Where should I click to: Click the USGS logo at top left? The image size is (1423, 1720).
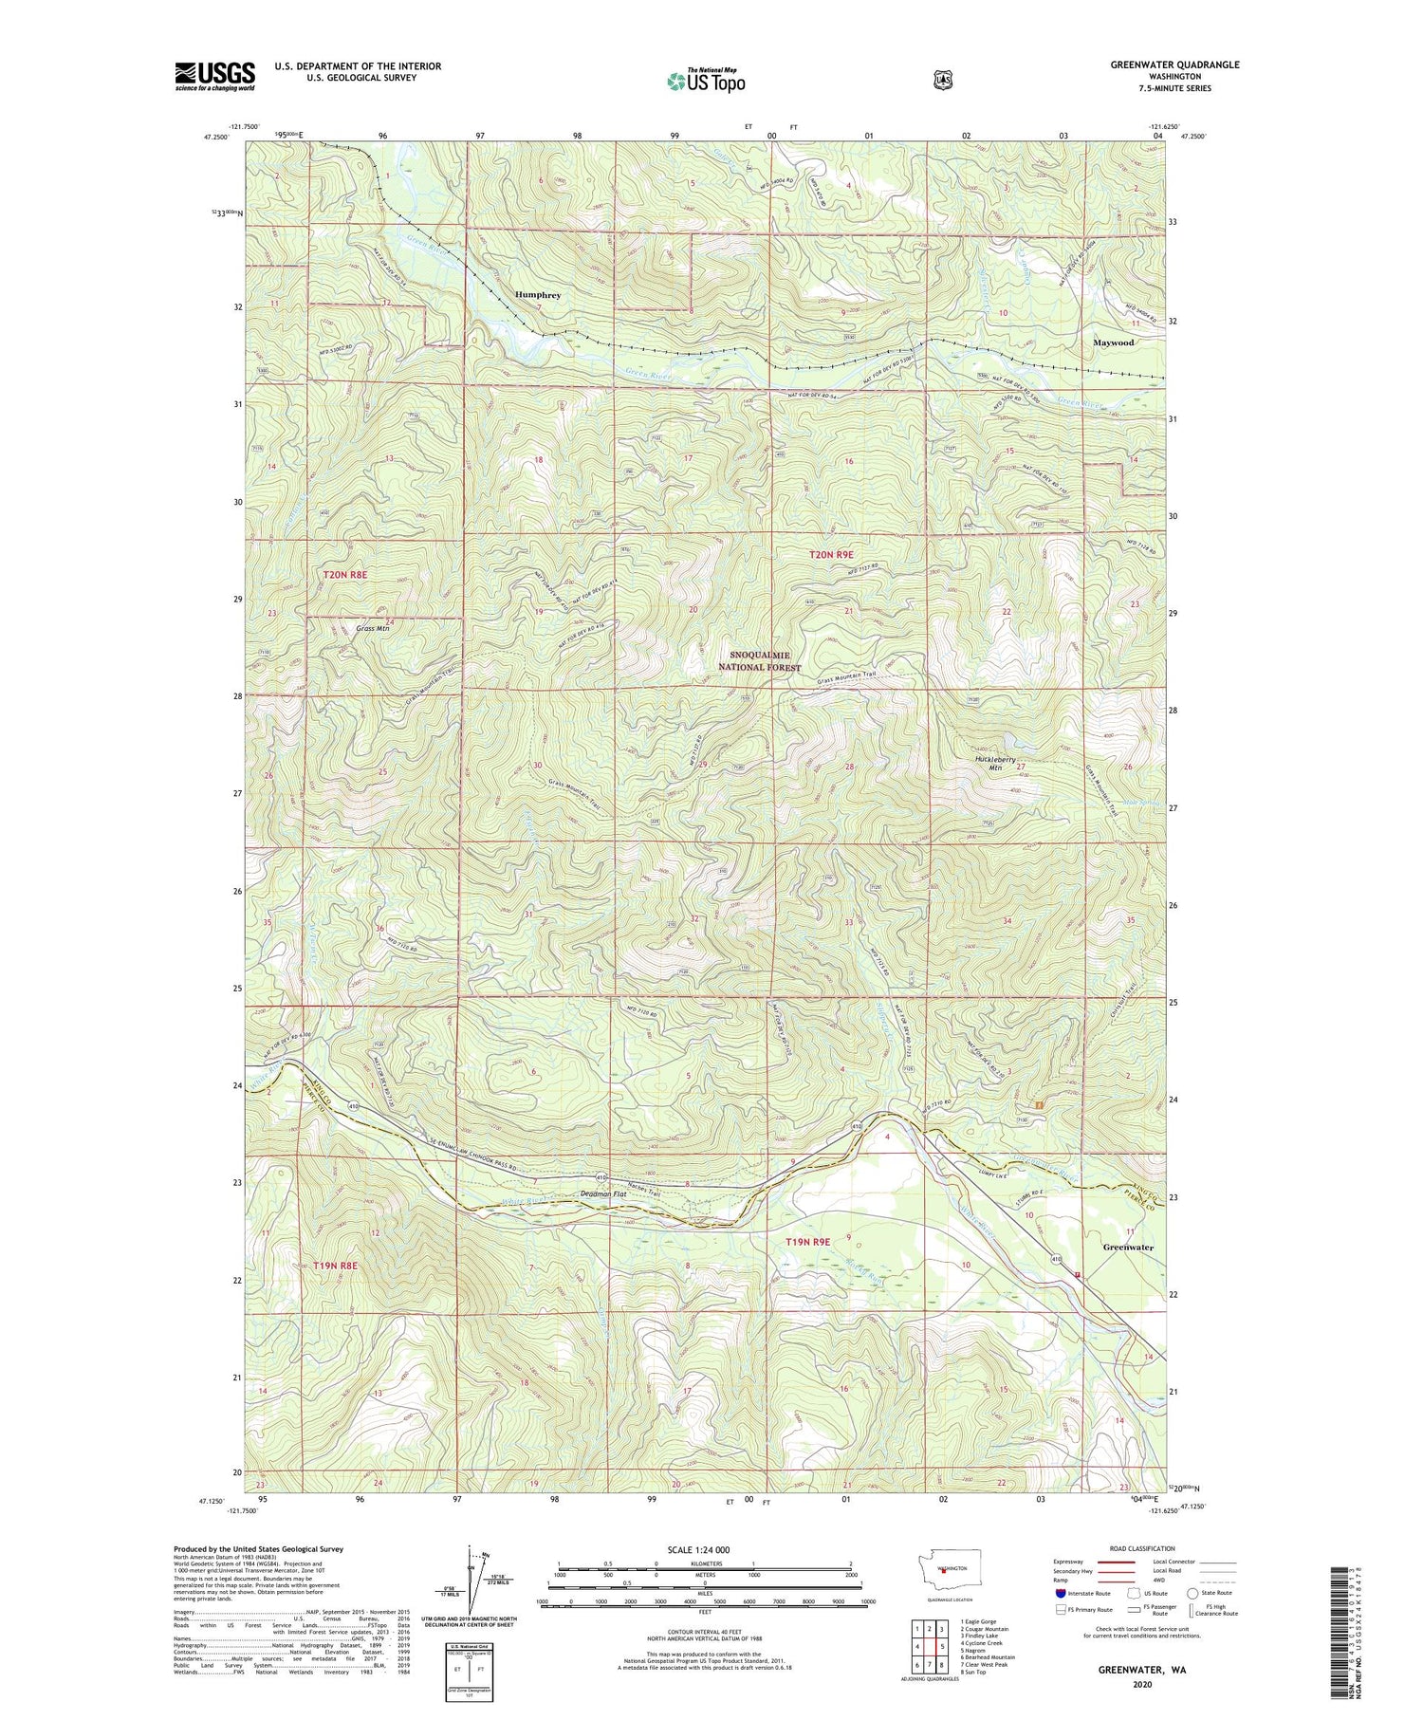(214, 76)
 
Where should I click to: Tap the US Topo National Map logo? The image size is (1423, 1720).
(706, 81)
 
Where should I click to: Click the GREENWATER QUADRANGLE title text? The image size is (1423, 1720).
(1174, 65)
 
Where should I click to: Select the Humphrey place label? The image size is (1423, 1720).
(538, 295)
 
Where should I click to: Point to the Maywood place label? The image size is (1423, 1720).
(1113, 342)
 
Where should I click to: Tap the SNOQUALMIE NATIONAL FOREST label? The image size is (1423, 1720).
(766, 661)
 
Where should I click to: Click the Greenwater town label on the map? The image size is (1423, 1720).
(1128, 1248)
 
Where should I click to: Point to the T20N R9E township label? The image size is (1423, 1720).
(831, 554)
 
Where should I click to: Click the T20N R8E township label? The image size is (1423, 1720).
(344, 575)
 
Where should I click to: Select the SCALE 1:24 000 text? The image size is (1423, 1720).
(704, 1550)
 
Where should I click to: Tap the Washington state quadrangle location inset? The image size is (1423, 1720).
(953, 1572)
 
